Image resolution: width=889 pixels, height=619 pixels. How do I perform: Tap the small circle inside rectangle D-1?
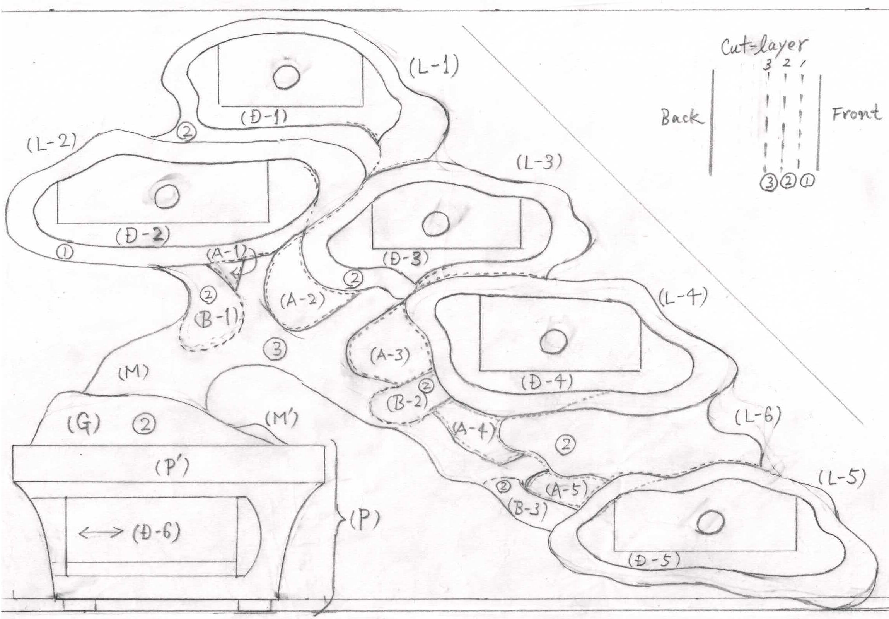[286, 77]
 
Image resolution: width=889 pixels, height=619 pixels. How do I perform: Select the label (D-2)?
[142, 236]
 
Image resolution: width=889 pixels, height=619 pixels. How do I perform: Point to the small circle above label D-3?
[435, 224]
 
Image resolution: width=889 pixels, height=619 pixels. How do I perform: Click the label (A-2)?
[302, 300]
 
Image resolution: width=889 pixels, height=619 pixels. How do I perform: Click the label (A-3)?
[389, 355]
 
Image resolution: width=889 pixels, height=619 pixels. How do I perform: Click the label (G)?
[84, 424]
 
